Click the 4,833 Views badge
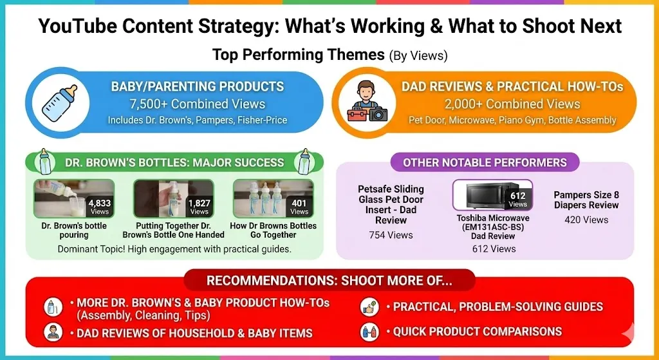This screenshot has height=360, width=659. point(100,207)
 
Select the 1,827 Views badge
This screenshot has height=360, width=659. point(200,207)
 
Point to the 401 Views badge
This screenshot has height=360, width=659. point(299,207)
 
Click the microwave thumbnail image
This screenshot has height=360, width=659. point(492,194)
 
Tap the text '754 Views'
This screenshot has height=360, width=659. point(391,235)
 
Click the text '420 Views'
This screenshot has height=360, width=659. point(586,220)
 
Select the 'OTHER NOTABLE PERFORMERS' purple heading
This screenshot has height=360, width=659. point(485,162)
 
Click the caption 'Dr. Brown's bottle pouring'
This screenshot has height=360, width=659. point(74,230)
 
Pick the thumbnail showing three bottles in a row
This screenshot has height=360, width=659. point(273,198)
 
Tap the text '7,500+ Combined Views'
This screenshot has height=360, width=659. point(198,104)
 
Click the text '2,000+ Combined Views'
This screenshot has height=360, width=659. point(512,104)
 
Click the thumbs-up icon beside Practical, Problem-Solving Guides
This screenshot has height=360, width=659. point(370,307)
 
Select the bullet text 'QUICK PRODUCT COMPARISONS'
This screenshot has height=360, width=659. point(478,332)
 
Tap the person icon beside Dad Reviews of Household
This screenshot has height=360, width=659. point(53,332)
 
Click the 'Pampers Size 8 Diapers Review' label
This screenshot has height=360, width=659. point(586,200)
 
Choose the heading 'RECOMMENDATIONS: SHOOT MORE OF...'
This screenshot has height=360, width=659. point(329,281)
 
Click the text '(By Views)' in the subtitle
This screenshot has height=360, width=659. point(418,55)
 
